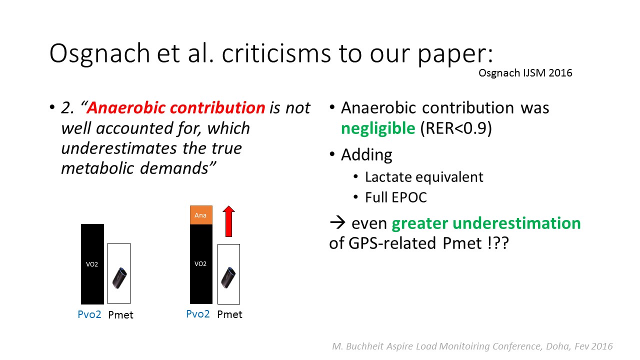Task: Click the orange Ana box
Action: [201, 215]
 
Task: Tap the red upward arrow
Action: [228, 221]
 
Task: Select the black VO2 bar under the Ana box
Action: [201, 264]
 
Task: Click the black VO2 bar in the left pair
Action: [92, 264]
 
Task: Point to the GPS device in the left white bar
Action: [119, 277]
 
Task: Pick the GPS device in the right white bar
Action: [228, 277]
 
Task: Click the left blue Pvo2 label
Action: [89, 314]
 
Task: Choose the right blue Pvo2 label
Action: [198, 314]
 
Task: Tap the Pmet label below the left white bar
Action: [120, 315]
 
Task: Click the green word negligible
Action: [378, 128]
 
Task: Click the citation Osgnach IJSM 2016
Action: [525, 73]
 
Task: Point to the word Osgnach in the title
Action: [99, 53]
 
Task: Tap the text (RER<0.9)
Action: [456, 128]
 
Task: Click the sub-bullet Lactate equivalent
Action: [424, 177]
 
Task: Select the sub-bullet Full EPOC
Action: [396, 197]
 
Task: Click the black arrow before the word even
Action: [337, 222]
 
